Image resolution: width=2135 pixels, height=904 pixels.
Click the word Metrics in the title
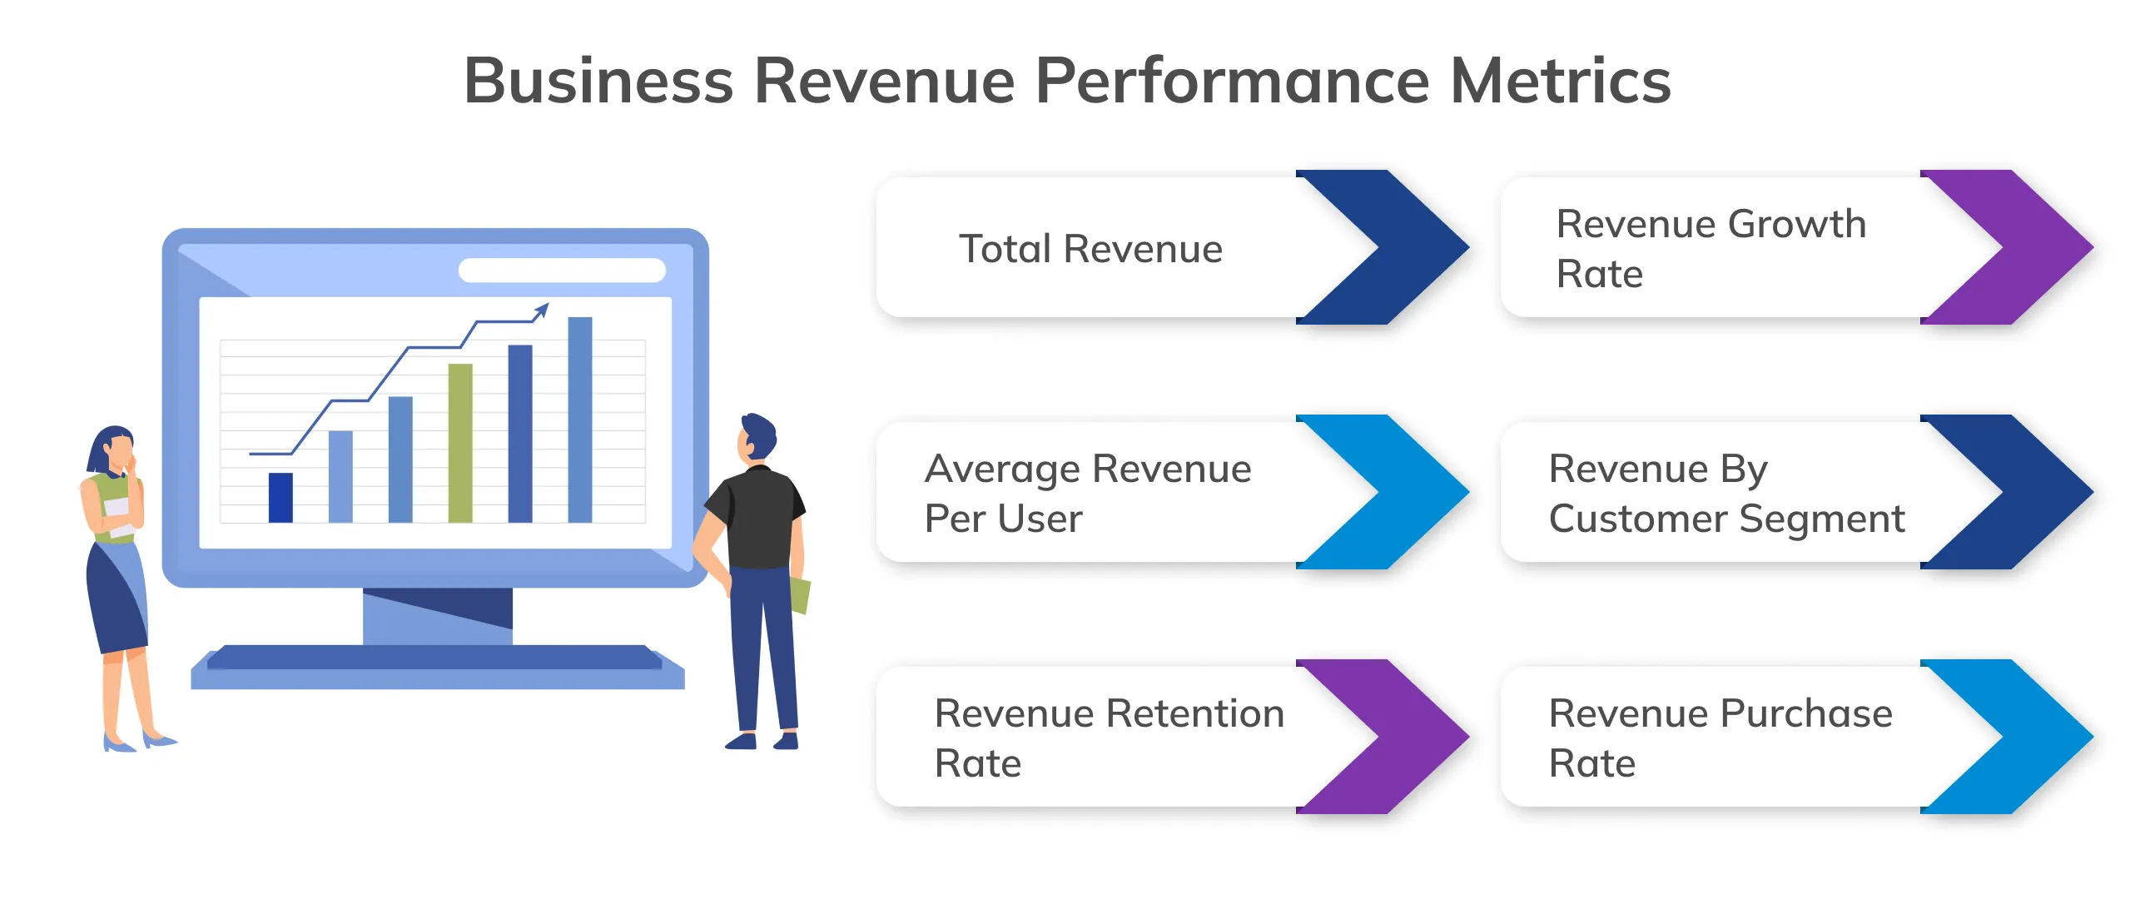1560,81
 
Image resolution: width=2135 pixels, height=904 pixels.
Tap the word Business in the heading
598,81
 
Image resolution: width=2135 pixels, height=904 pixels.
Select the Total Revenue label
1090,249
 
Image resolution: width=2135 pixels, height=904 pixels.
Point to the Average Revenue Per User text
1087,493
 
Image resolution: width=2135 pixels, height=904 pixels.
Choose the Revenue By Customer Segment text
1726,493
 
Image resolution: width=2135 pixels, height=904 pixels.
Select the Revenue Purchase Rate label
1720,738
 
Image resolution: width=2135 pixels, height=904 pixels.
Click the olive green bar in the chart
460,443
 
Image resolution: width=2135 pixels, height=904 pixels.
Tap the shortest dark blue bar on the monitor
281,497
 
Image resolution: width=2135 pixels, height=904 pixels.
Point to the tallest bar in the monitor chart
580,420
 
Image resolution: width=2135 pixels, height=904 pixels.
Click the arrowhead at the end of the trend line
542,310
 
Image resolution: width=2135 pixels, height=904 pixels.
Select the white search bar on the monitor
562,271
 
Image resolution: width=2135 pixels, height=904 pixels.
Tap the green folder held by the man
800,595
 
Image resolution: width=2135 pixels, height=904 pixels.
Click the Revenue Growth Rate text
1710,248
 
